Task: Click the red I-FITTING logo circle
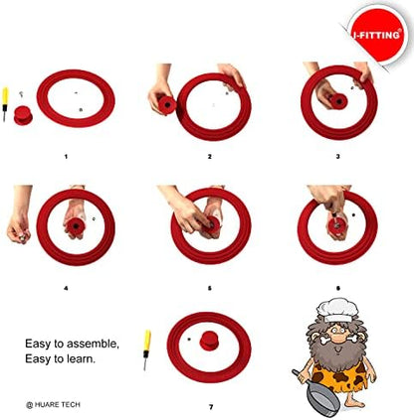click(378, 35)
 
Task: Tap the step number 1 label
click(66, 156)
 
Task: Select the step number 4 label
click(66, 288)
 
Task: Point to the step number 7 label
click(211, 407)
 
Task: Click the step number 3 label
click(337, 156)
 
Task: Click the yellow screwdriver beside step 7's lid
click(146, 350)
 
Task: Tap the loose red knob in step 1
click(23, 115)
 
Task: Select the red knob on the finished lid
click(209, 342)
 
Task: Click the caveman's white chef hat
click(337, 310)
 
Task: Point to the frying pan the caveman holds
click(317, 394)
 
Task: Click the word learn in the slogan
click(80, 358)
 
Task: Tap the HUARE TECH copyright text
click(53, 404)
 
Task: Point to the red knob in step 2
click(167, 105)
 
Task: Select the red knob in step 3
click(338, 100)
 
